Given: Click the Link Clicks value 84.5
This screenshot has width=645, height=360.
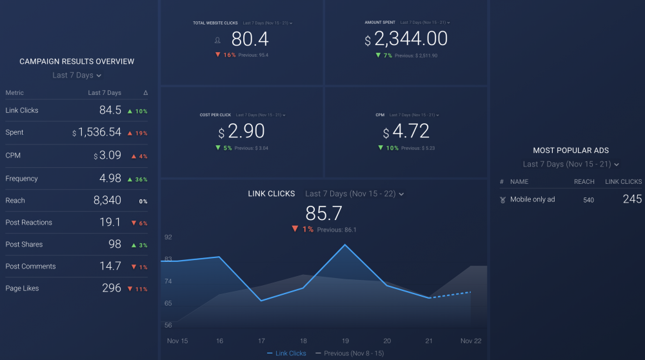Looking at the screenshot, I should click(x=110, y=110).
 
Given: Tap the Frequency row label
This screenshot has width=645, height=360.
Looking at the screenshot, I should click(x=22, y=179).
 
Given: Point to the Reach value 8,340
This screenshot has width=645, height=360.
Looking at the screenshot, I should click(x=107, y=201).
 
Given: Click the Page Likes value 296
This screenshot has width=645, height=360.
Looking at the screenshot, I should click(x=112, y=288).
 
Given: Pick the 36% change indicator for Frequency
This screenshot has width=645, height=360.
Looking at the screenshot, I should click(x=138, y=179).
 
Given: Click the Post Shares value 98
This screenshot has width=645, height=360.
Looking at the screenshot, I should click(x=115, y=245).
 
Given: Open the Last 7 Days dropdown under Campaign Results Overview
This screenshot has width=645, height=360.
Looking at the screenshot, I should click(x=77, y=75).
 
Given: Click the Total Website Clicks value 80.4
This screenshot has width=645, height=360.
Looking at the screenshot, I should click(x=250, y=39).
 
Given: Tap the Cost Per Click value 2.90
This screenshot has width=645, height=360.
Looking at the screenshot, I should click(x=246, y=132).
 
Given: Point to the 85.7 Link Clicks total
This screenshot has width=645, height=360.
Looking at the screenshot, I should click(x=324, y=213).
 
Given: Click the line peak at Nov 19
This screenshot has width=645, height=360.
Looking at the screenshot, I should click(x=346, y=245).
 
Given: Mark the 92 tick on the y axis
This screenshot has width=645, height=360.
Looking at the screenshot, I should click(x=168, y=237).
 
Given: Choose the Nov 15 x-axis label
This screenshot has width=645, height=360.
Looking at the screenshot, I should click(x=177, y=341).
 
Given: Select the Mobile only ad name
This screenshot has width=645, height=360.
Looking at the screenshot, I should click(x=533, y=200).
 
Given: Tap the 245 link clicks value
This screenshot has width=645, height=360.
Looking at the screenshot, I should click(x=632, y=199).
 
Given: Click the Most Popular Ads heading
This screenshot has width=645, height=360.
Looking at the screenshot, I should click(x=571, y=150).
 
